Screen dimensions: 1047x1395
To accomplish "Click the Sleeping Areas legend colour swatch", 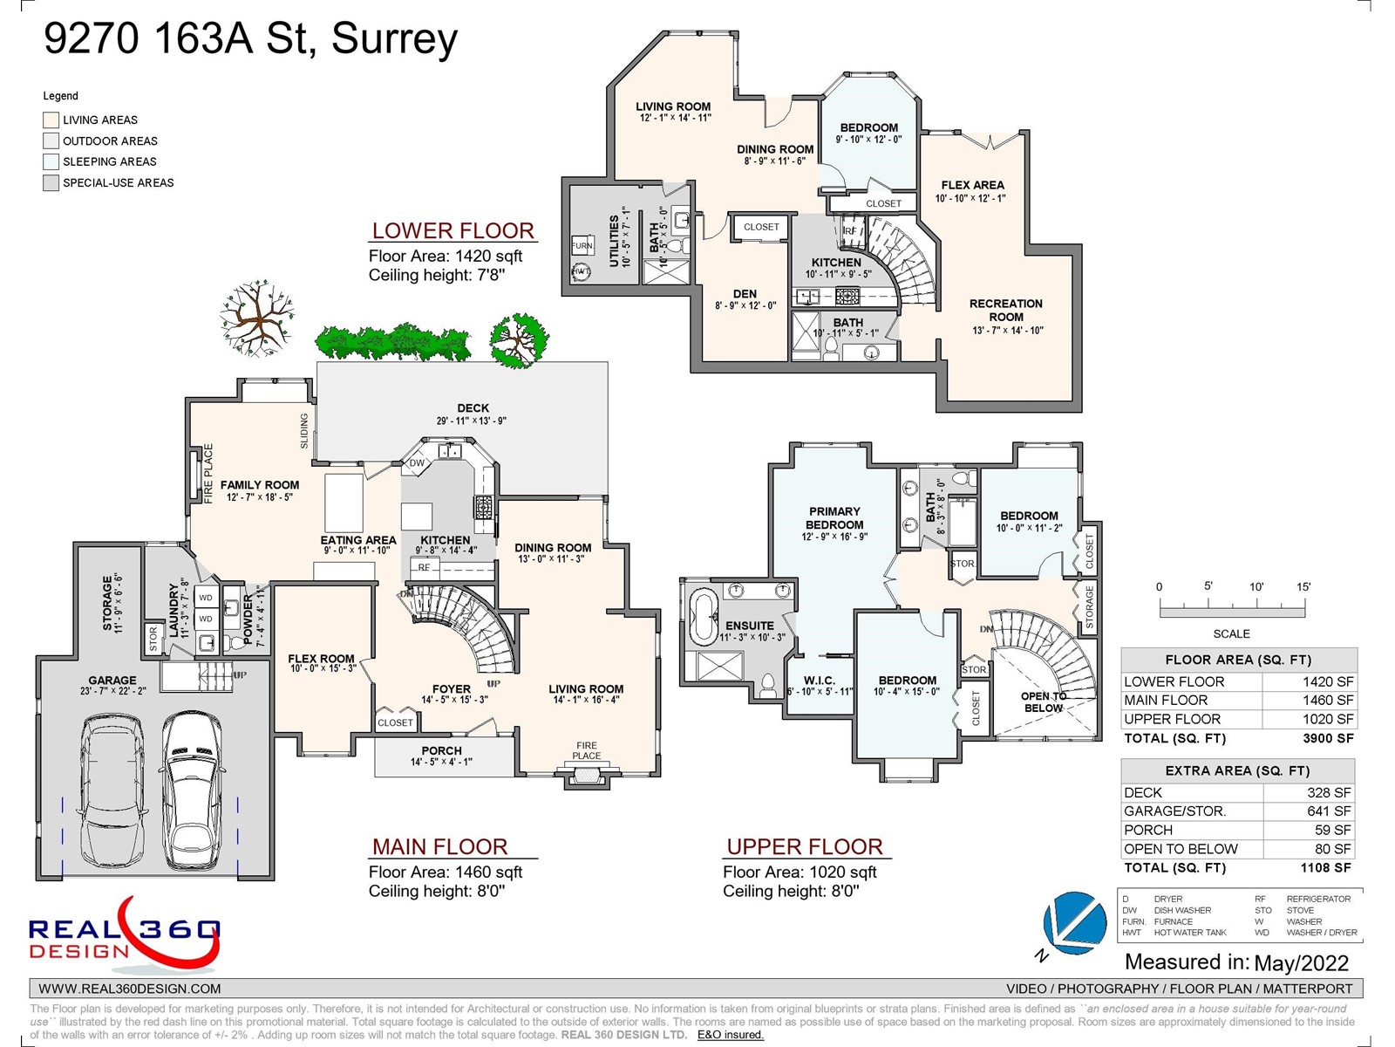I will coord(51,161).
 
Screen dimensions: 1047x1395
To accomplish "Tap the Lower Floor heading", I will coord(453,231).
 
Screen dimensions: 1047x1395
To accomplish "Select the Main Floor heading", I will coord(439,846).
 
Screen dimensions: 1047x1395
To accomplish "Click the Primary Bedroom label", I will coord(834,518).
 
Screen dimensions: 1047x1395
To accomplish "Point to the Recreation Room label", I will coord(1006,311).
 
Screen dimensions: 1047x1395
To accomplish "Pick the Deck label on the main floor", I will coord(473,408).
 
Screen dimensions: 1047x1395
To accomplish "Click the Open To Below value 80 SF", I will coord(1332,849).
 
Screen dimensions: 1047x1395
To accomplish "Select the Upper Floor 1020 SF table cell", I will coord(1328,719).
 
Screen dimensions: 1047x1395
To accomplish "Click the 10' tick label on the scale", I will coord(1255,587).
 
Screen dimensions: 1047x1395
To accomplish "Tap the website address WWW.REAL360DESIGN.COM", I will coord(130,989).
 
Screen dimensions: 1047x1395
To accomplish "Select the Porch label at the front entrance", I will coord(441,751).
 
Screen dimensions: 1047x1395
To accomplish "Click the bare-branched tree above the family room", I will coord(255,318).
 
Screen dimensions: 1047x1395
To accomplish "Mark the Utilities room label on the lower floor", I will coord(614,241).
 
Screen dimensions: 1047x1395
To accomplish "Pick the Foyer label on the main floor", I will coord(451,689).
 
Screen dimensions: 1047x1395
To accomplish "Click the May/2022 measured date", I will coord(1301,963).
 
